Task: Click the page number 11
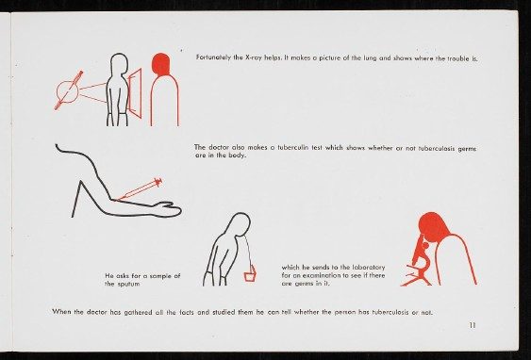click(x=473, y=325)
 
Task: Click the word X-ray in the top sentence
click(x=254, y=57)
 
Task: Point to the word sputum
click(x=128, y=285)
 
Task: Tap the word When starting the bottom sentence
click(x=61, y=312)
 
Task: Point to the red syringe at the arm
click(x=140, y=189)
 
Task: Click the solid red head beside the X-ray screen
click(x=160, y=63)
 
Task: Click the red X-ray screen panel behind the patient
click(x=135, y=93)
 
